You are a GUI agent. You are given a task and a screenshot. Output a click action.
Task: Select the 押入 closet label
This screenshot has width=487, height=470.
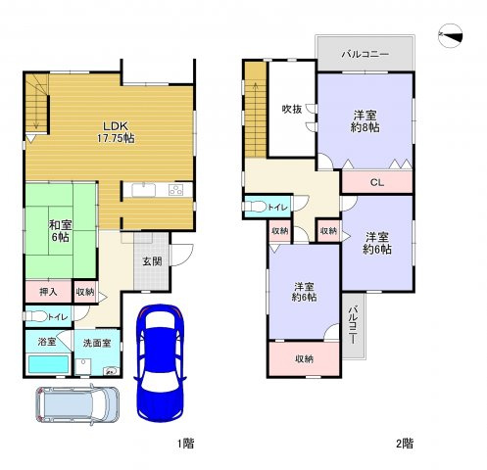click(48, 291)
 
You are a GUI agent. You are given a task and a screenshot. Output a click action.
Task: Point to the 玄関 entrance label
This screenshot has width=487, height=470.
click(151, 261)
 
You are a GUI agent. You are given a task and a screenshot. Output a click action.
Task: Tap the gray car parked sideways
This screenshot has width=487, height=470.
click(77, 402)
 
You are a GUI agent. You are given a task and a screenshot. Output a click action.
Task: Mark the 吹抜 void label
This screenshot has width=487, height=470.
click(291, 109)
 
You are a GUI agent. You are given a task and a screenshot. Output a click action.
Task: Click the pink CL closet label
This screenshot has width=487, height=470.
click(376, 181)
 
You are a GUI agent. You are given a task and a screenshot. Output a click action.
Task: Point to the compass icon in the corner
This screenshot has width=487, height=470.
click(451, 34)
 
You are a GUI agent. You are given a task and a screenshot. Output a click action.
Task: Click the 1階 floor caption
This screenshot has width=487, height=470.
click(185, 444)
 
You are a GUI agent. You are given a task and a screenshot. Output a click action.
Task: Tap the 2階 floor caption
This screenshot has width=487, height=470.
click(404, 444)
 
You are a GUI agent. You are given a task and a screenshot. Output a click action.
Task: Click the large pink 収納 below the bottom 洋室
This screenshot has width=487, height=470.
click(305, 358)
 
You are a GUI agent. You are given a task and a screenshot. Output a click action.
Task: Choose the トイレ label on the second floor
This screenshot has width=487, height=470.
click(277, 208)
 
